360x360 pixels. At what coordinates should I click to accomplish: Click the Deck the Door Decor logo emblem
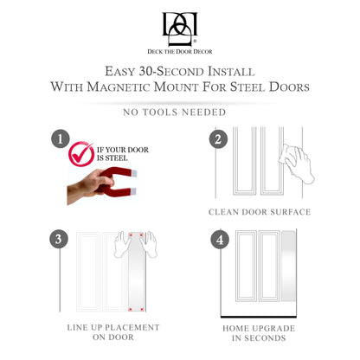(x=180, y=29)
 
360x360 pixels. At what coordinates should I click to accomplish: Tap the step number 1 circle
(x=61, y=139)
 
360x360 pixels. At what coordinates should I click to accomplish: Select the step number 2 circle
(x=218, y=139)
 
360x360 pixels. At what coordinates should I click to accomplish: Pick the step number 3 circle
(x=59, y=239)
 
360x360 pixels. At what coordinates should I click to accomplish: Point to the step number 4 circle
(x=220, y=240)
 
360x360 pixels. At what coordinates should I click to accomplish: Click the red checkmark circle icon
(x=81, y=154)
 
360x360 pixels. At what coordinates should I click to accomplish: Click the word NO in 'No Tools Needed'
(x=131, y=112)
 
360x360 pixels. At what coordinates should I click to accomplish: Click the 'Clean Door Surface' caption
(x=260, y=212)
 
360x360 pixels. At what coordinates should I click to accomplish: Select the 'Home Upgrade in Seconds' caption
(x=259, y=333)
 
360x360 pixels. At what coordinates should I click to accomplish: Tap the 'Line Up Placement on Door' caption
(x=113, y=332)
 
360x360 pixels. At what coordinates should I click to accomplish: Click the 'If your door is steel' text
(x=123, y=154)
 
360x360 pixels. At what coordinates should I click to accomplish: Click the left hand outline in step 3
(x=122, y=244)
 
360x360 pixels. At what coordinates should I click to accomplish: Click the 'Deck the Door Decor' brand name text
(x=180, y=52)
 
